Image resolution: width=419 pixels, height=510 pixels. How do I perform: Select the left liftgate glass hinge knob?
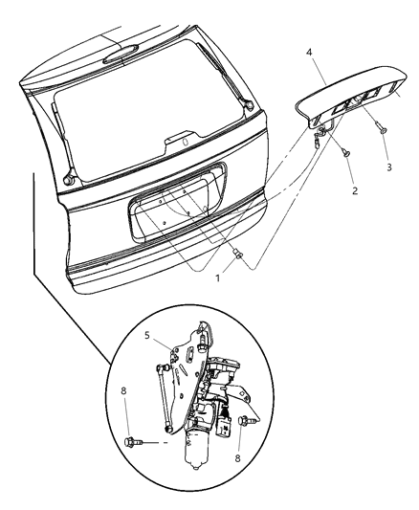[x=68, y=177]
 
